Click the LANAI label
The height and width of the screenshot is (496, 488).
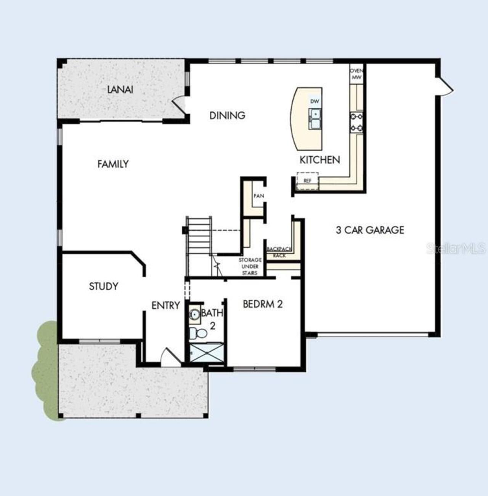(x=120, y=90)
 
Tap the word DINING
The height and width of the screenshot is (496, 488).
(x=227, y=115)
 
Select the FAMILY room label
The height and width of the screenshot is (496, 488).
(x=113, y=164)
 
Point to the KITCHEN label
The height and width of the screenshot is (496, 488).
(x=320, y=160)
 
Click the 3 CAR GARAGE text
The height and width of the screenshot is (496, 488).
(x=370, y=230)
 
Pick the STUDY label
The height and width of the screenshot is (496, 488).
(x=104, y=286)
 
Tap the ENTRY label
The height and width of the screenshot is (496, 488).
(x=166, y=306)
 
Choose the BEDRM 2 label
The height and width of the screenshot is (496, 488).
(x=263, y=304)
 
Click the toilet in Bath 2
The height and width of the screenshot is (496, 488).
(x=198, y=333)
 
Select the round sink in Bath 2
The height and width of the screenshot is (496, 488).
(x=194, y=314)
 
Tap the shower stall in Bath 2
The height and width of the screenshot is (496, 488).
(x=206, y=352)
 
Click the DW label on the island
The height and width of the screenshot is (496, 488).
(x=315, y=101)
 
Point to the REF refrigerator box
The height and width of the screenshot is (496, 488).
(x=307, y=181)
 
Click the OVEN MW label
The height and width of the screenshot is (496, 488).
(x=356, y=74)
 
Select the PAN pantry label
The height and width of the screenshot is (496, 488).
(x=259, y=196)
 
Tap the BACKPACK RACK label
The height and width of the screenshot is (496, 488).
(x=279, y=252)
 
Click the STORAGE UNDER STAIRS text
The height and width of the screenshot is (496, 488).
(x=250, y=266)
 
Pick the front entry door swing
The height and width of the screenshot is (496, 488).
(x=170, y=357)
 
